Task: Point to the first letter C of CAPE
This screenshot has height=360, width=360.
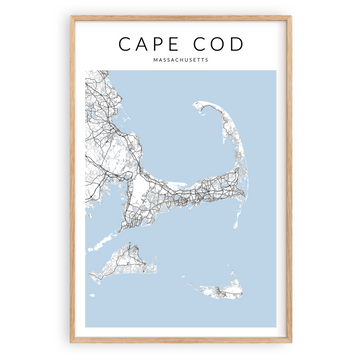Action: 125,44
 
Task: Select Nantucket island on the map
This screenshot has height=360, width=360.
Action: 214,290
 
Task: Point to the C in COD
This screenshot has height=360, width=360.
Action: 198,44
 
